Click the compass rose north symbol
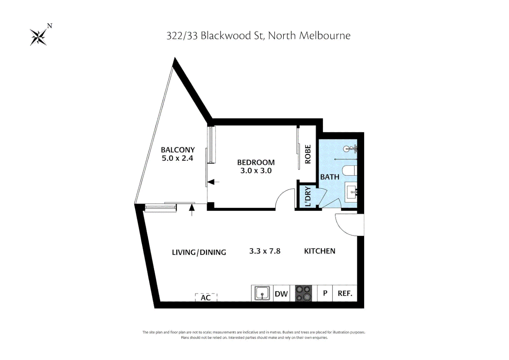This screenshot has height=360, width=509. click(x=39, y=37)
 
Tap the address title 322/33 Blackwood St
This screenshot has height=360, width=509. click(x=258, y=36)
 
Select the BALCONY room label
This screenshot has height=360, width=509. click(x=178, y=150)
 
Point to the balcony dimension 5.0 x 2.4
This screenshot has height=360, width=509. click(x=178, y=158)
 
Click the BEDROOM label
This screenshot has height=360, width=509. click(x=256, y=162)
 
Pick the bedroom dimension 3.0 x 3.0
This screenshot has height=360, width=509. click(x=256, y=171)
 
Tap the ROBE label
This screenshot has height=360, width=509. click(x=308, y=154)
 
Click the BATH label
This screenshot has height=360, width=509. click(x=330, y=177)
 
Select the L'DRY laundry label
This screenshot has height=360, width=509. click(x=308, y=196)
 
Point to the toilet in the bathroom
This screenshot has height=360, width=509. click(x=350, y=170)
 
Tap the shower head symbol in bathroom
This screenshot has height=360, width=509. click(x=347, y=149)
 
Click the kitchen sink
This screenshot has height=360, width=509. click(x=262, y=293)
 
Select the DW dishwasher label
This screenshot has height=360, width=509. click(x=281, y=294)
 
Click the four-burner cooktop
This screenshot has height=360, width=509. click(x=303, y=293)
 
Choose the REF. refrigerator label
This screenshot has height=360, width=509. click(x=345, y=293)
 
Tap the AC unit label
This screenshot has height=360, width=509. click(x=206, y=297)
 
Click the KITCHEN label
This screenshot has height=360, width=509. click(x=319, y=251)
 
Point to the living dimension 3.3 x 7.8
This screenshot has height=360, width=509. click(x=265, y=251)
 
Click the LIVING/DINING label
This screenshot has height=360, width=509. click(x=199, y=252)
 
